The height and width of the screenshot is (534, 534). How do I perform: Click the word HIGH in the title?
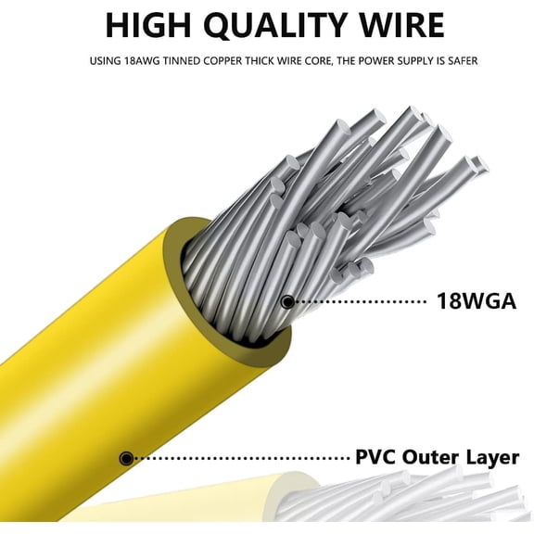point(148,25)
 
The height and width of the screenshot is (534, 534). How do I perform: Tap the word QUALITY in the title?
point(277,26)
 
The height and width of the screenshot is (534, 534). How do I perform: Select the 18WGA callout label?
point(477,301)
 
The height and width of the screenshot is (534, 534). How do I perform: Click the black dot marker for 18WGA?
point(288,301)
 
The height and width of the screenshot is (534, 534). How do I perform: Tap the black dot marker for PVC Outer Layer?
point(126,458)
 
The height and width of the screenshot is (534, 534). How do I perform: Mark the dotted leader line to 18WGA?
point(361,301)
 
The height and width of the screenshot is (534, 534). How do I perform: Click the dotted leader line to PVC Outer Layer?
point(241,458)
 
